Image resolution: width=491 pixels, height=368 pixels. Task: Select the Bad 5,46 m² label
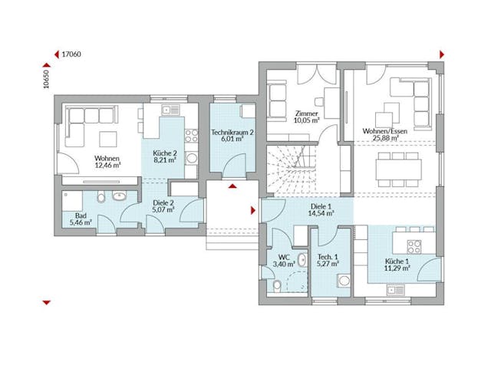tap(80, 219)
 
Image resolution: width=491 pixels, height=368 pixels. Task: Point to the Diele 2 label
tap(160, 206)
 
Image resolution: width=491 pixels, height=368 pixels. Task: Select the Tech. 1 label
tap(328, 261)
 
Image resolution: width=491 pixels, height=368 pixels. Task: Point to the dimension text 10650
tap(48, 78)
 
